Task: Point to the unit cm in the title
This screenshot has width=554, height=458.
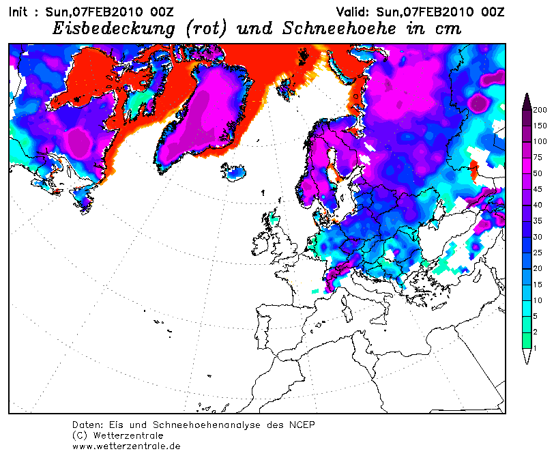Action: (x=447, y=29)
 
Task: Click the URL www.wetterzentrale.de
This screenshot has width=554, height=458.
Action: (x=126, y=446)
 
